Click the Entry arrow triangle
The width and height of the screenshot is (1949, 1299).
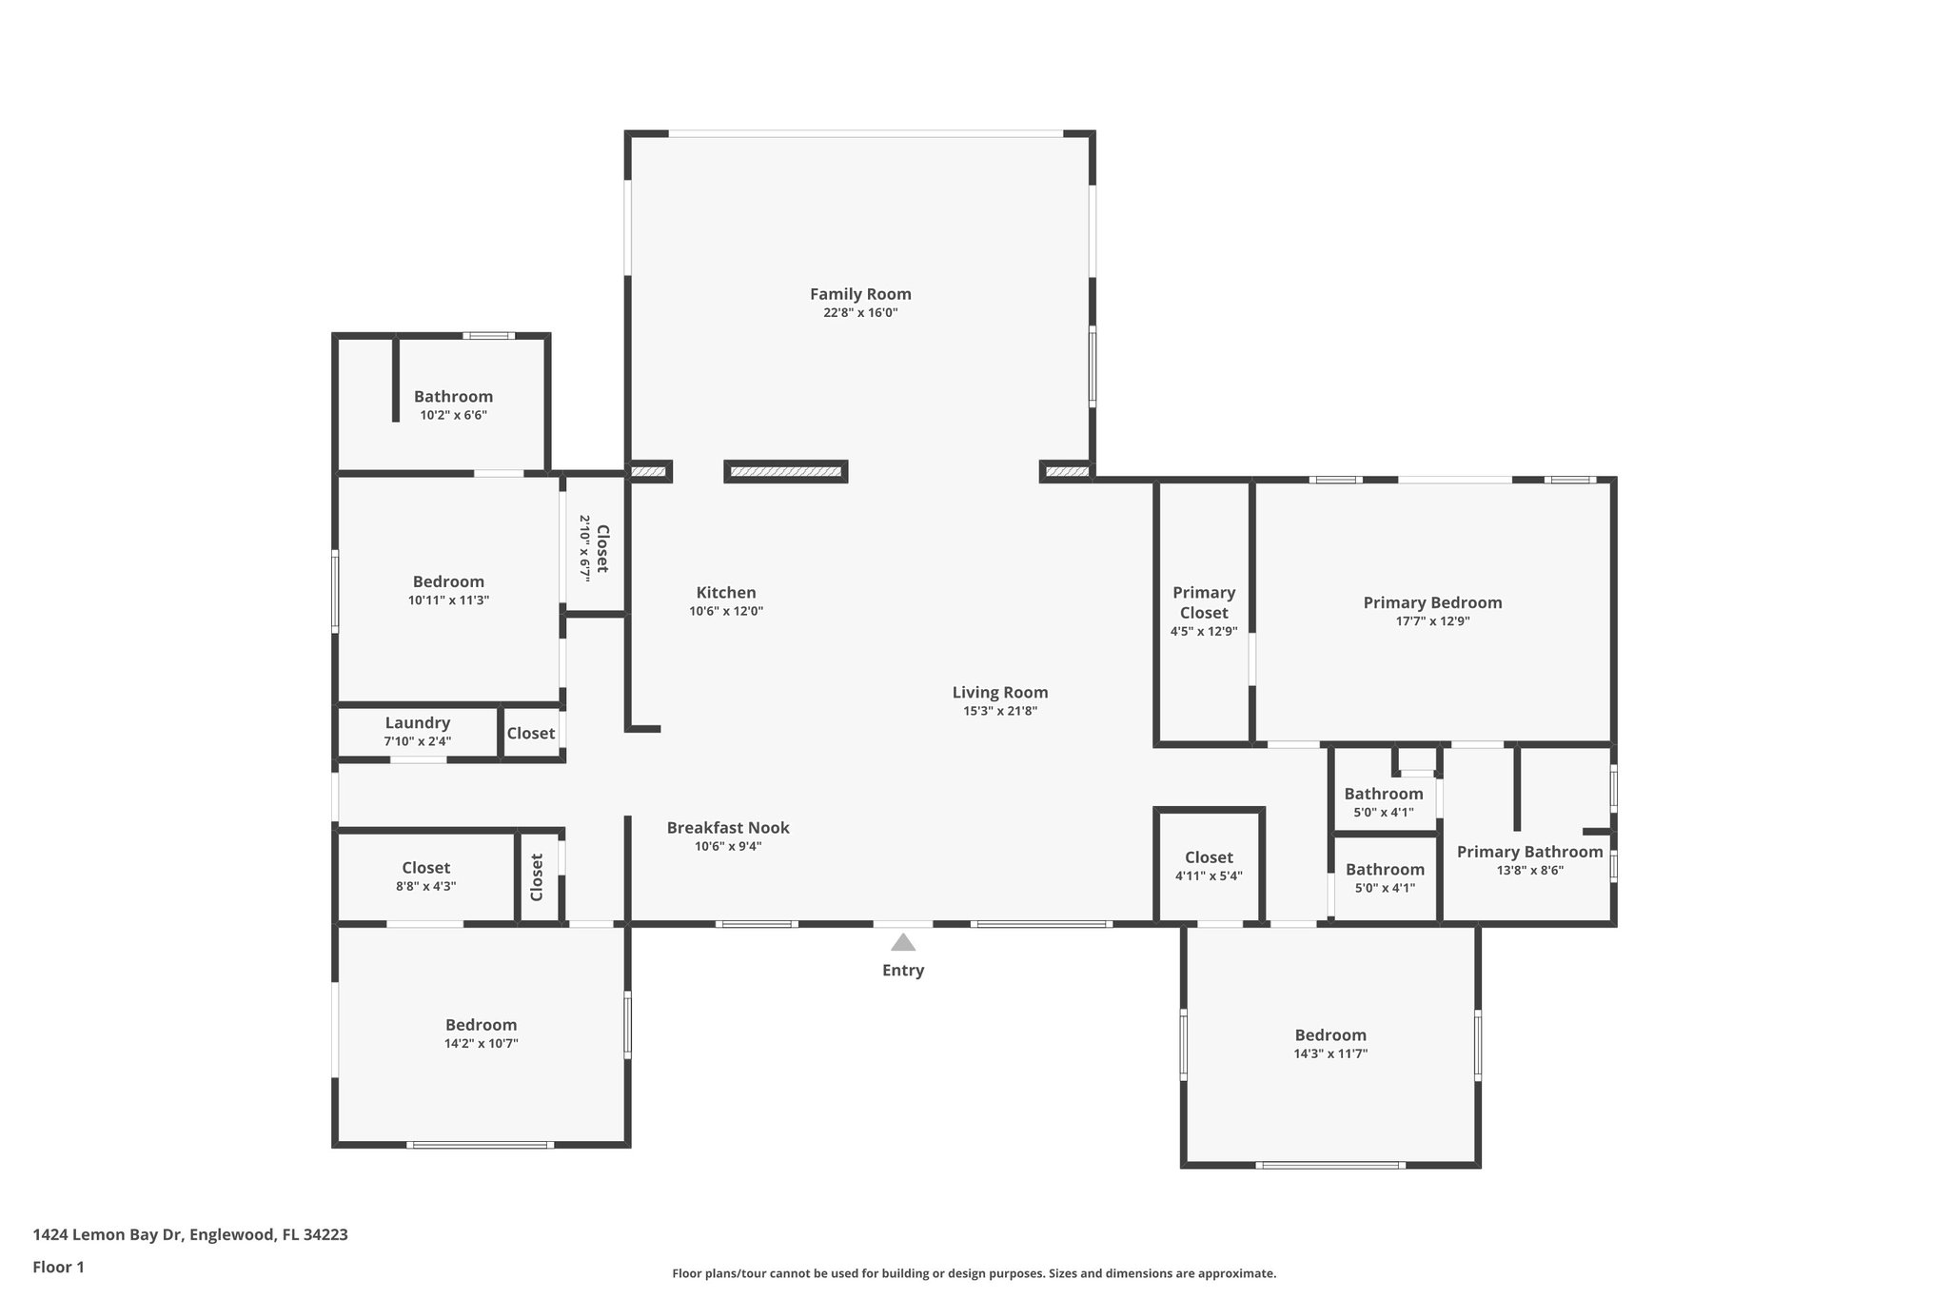pyautogui.click(x=902, y=942)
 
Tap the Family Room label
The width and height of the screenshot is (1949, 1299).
pyautogui.click(x=860, y=294)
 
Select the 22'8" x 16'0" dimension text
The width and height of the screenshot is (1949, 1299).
pyautogui.click(x=860, y=313)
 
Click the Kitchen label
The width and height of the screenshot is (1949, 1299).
pyautogui.click(x=726, y=593)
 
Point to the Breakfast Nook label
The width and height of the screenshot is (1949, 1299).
pyautogui.click(x=728, y=828)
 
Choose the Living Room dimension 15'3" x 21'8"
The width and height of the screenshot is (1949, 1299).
pyautogui.click(x=999, y=711)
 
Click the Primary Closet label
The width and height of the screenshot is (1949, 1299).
pyautogui.click(x=1204, y=602)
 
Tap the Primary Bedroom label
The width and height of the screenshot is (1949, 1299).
pyautogui.click(x=1432, y=602)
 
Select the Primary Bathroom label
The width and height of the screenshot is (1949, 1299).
pyautogui.click(x=1529, y=852)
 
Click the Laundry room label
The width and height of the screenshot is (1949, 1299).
pyautogui.click(x=417, y=723)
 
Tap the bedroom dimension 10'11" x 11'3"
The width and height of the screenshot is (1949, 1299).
pyautogui.click(x=448, y=600)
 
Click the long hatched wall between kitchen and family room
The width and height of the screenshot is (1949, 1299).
pyautogui.click(x=786, y=471)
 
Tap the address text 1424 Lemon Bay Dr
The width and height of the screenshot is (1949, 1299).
pyautogui.click(x=190, y=1234)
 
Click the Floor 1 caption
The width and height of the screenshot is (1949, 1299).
pyautogui.click(x=59, y=1267)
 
